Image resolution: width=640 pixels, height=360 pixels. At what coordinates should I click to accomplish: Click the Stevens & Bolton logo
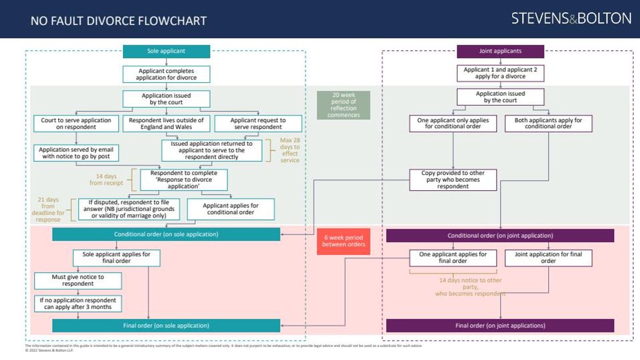click(x=571, y=18)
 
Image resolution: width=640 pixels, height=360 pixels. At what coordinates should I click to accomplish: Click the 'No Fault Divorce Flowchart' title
click(x=119, y=22)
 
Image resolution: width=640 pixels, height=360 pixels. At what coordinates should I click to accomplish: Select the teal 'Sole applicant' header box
click(x=166, y=51)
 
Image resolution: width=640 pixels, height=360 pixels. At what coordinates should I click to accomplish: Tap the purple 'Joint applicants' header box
click(x=500, y=51)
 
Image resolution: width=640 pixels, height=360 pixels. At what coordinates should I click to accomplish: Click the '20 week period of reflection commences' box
click(x=343, y=105)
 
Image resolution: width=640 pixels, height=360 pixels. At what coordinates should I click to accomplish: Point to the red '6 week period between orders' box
click(x=343, y=241)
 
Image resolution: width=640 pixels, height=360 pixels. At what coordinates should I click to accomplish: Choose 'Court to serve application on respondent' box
click(x=77, y=124)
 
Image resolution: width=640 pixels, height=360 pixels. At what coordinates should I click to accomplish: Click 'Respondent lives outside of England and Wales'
click(x=166, y=124)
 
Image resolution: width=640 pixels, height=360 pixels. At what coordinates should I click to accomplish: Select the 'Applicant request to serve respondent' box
click(x=258, y=124)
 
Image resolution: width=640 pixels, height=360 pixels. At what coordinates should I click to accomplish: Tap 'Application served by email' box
click(x=77, y=153)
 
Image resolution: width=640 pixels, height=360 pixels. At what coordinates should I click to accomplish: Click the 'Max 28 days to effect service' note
click(x=290, y=150)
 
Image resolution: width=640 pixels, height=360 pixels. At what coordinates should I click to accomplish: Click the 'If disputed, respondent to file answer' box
click(x=129, y=209)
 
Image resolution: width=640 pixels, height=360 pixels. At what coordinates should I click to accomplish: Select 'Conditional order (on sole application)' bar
click(x=166, y=234)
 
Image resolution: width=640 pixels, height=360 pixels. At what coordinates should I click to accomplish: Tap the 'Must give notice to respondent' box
click(x=78, y=281)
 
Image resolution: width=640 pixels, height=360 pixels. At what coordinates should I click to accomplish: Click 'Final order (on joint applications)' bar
click(x=500, y=326)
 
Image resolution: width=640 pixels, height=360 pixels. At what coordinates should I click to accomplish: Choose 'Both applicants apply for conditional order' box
click(x=548, y=124)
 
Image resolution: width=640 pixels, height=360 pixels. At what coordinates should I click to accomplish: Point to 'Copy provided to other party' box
click(x=453, y=180)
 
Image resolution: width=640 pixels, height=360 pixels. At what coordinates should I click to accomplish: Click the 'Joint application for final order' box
click(x=548, y=258)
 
